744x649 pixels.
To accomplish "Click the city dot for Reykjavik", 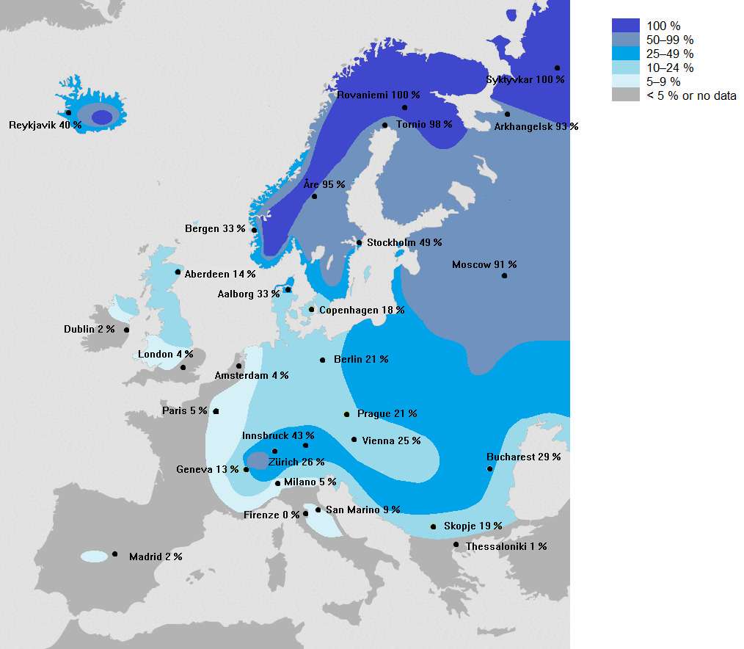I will pyautogui.click(x=68, y=113).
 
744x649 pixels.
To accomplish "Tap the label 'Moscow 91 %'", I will pyautogui.click(x=484, y=264).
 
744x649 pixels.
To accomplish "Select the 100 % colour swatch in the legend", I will pyautogui.click(x=625, y=26).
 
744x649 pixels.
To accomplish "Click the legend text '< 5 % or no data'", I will pyautogui.click(x=691, y=95).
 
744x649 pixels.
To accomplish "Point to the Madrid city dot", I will pyautogui.click(x=115, y=554).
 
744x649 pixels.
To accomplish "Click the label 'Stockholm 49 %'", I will pyautogui.click(x=404, y=242).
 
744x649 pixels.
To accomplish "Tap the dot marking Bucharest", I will pyautogui.click(x=490, y=468).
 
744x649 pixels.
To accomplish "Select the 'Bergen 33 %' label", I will pyautogui.click(x=215, y=228).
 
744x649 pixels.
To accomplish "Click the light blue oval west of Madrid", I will pyautogui.click(x=94, y=556).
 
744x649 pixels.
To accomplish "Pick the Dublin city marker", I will pyautogui.click(x=127, y=330).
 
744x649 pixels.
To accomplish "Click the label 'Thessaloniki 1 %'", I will pyautogui.click(x=506, y=546).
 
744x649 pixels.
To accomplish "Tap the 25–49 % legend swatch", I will pyautogui.click(x=625, y=54).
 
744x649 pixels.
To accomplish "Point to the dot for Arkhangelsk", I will pyautogui.click(x=507, y=114).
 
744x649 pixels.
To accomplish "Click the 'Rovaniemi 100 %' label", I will pyautogui.click(x=379, y=95).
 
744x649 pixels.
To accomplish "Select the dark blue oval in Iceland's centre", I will pyautogui.click(x=101, y=117).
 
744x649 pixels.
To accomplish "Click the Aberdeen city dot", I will pyautogui.click(x=178, y=272).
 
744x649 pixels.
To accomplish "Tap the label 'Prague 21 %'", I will pyautogui.click(x=387, y=413).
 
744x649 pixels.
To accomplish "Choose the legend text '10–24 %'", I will pyautogui.click(x=670, y=68).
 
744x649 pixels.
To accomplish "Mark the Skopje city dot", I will pyautogui.click(x=434, y=526).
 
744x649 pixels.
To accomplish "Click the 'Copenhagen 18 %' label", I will pyautogui.click(x=361, y=310).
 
